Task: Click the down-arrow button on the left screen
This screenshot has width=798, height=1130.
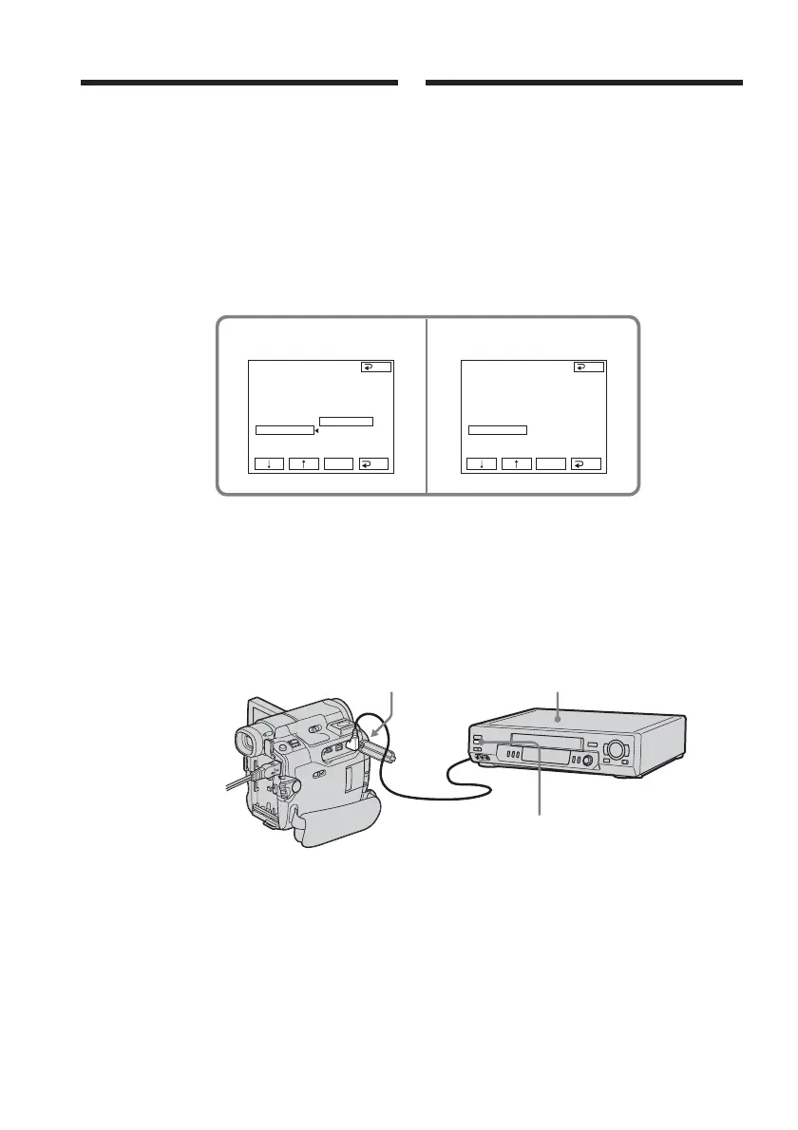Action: click(270, 464)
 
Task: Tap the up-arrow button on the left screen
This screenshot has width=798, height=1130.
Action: click(303, 464)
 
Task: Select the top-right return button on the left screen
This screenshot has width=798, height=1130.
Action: click(375, 367)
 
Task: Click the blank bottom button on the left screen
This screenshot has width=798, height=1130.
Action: click(338, 464)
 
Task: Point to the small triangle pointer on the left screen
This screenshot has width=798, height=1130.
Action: click(315, 430)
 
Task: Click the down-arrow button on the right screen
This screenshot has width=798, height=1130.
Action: click(483, 464)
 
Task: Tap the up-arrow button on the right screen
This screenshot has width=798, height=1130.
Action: click(516, 464)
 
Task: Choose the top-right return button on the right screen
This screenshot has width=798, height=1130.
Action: click(588, 367)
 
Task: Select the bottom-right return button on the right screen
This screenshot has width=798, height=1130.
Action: click(588, 464)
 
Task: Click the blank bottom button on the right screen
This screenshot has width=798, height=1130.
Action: click(551, 464)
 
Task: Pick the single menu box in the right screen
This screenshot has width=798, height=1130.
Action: click(498, 430)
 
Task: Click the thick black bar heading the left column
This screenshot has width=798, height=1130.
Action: click(238, 84)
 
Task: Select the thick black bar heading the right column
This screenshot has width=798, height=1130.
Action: click(584, 84)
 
